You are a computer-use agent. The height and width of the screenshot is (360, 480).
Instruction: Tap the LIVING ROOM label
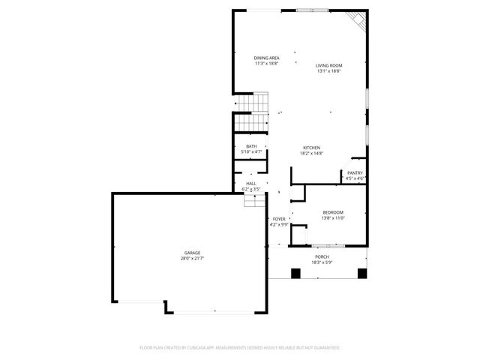pos(329,66)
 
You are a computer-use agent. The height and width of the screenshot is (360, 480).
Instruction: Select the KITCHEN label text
pos(311,148)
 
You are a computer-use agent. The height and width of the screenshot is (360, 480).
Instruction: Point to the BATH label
pos(251,146)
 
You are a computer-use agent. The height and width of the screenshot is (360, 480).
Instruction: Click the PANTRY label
pos(355,173)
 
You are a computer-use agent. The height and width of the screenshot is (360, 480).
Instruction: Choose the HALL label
pos(251,184)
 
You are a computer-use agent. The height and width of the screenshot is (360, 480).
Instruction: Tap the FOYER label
pos(279,219)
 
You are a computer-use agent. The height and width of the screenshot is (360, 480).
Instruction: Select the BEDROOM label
pos(333,212)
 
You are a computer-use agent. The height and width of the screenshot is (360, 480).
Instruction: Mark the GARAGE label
pos(193,253)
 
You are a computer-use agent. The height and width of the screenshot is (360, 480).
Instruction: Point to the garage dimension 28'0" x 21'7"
pos(193,259)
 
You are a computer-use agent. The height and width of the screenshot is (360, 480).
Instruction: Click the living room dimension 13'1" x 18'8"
pos(329,71)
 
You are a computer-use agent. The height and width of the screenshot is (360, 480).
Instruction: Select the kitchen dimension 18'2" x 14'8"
pos(311,154)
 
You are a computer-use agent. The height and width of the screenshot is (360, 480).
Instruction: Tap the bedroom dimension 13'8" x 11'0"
pos(333,218)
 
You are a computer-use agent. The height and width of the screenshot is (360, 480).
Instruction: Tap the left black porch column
pos(295,273)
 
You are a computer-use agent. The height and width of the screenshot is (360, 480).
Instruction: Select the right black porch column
pos(362,273)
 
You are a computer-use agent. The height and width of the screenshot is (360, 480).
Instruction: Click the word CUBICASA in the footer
pos(193,348)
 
